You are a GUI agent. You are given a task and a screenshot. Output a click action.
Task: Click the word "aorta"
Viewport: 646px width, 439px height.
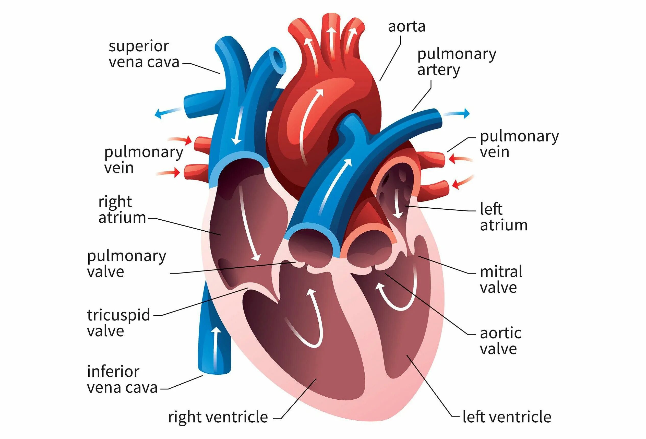pos(406,27)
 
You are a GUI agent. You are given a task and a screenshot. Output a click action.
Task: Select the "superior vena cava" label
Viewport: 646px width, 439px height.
pos(144,54)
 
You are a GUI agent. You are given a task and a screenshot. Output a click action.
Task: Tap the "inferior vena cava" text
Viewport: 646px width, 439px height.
pos(122,379)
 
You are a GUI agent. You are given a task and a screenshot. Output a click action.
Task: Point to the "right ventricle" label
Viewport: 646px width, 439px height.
pos(218,417)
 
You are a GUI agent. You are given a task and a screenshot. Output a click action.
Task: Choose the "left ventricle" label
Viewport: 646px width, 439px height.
pos(507,417)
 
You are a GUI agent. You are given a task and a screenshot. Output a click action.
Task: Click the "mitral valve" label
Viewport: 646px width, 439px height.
pos(501,279)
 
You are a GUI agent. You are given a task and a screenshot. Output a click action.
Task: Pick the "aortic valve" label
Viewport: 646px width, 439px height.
pos(500,341)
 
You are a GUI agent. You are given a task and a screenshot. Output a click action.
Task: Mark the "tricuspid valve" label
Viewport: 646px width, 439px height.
pos(118,323)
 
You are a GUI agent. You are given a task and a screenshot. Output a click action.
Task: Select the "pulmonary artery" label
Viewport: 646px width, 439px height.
pos(457,62)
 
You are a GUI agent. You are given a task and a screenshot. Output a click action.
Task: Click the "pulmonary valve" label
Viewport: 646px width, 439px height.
pos(126,264)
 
